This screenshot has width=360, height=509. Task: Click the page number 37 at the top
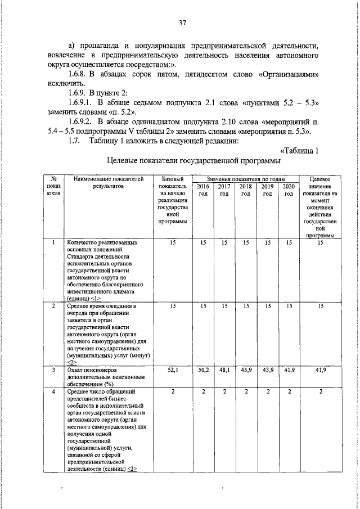tap(182, 23)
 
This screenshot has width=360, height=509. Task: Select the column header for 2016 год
tap(202, 190)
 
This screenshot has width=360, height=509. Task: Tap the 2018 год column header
tap(245, 190)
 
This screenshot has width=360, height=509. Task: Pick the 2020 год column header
tap(289, 190)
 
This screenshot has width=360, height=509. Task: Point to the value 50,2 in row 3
tap(202, 371)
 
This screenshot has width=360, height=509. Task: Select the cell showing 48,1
tap(224, 371)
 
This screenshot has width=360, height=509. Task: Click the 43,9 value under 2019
tap(267, 371)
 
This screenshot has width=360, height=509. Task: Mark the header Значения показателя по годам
tap(245, 178)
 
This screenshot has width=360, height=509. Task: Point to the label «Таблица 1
tap(299, 150)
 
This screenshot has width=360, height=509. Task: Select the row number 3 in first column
tap(53, 371)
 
